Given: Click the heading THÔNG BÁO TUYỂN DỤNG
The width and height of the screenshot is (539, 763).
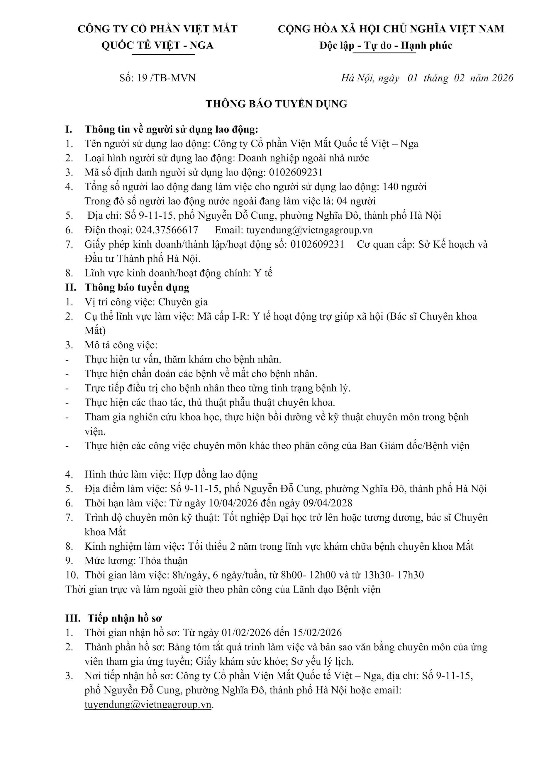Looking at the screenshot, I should click(276, 104).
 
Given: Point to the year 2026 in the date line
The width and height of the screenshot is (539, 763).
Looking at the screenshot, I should click(502, 78).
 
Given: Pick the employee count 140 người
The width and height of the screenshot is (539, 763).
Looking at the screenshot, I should click(404, 187).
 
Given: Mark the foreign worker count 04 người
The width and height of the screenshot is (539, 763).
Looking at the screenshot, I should click(356, 201).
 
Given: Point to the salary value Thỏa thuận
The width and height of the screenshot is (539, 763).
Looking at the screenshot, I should click(163, 561).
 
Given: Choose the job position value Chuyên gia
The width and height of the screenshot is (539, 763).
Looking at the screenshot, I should click(183, 302).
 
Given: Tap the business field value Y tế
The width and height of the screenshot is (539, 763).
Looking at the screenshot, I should click(263, 273).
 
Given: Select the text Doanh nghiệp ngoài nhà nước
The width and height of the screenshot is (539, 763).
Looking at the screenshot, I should click(304, 158).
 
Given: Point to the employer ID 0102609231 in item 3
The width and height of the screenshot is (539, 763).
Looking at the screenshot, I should click(296, 172).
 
